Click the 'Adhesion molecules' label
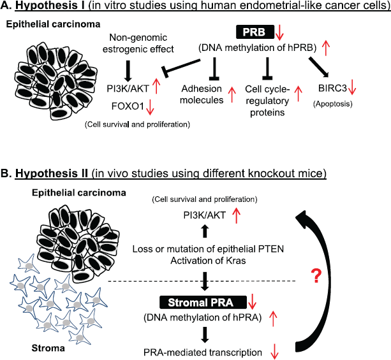(x=202, y=94)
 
